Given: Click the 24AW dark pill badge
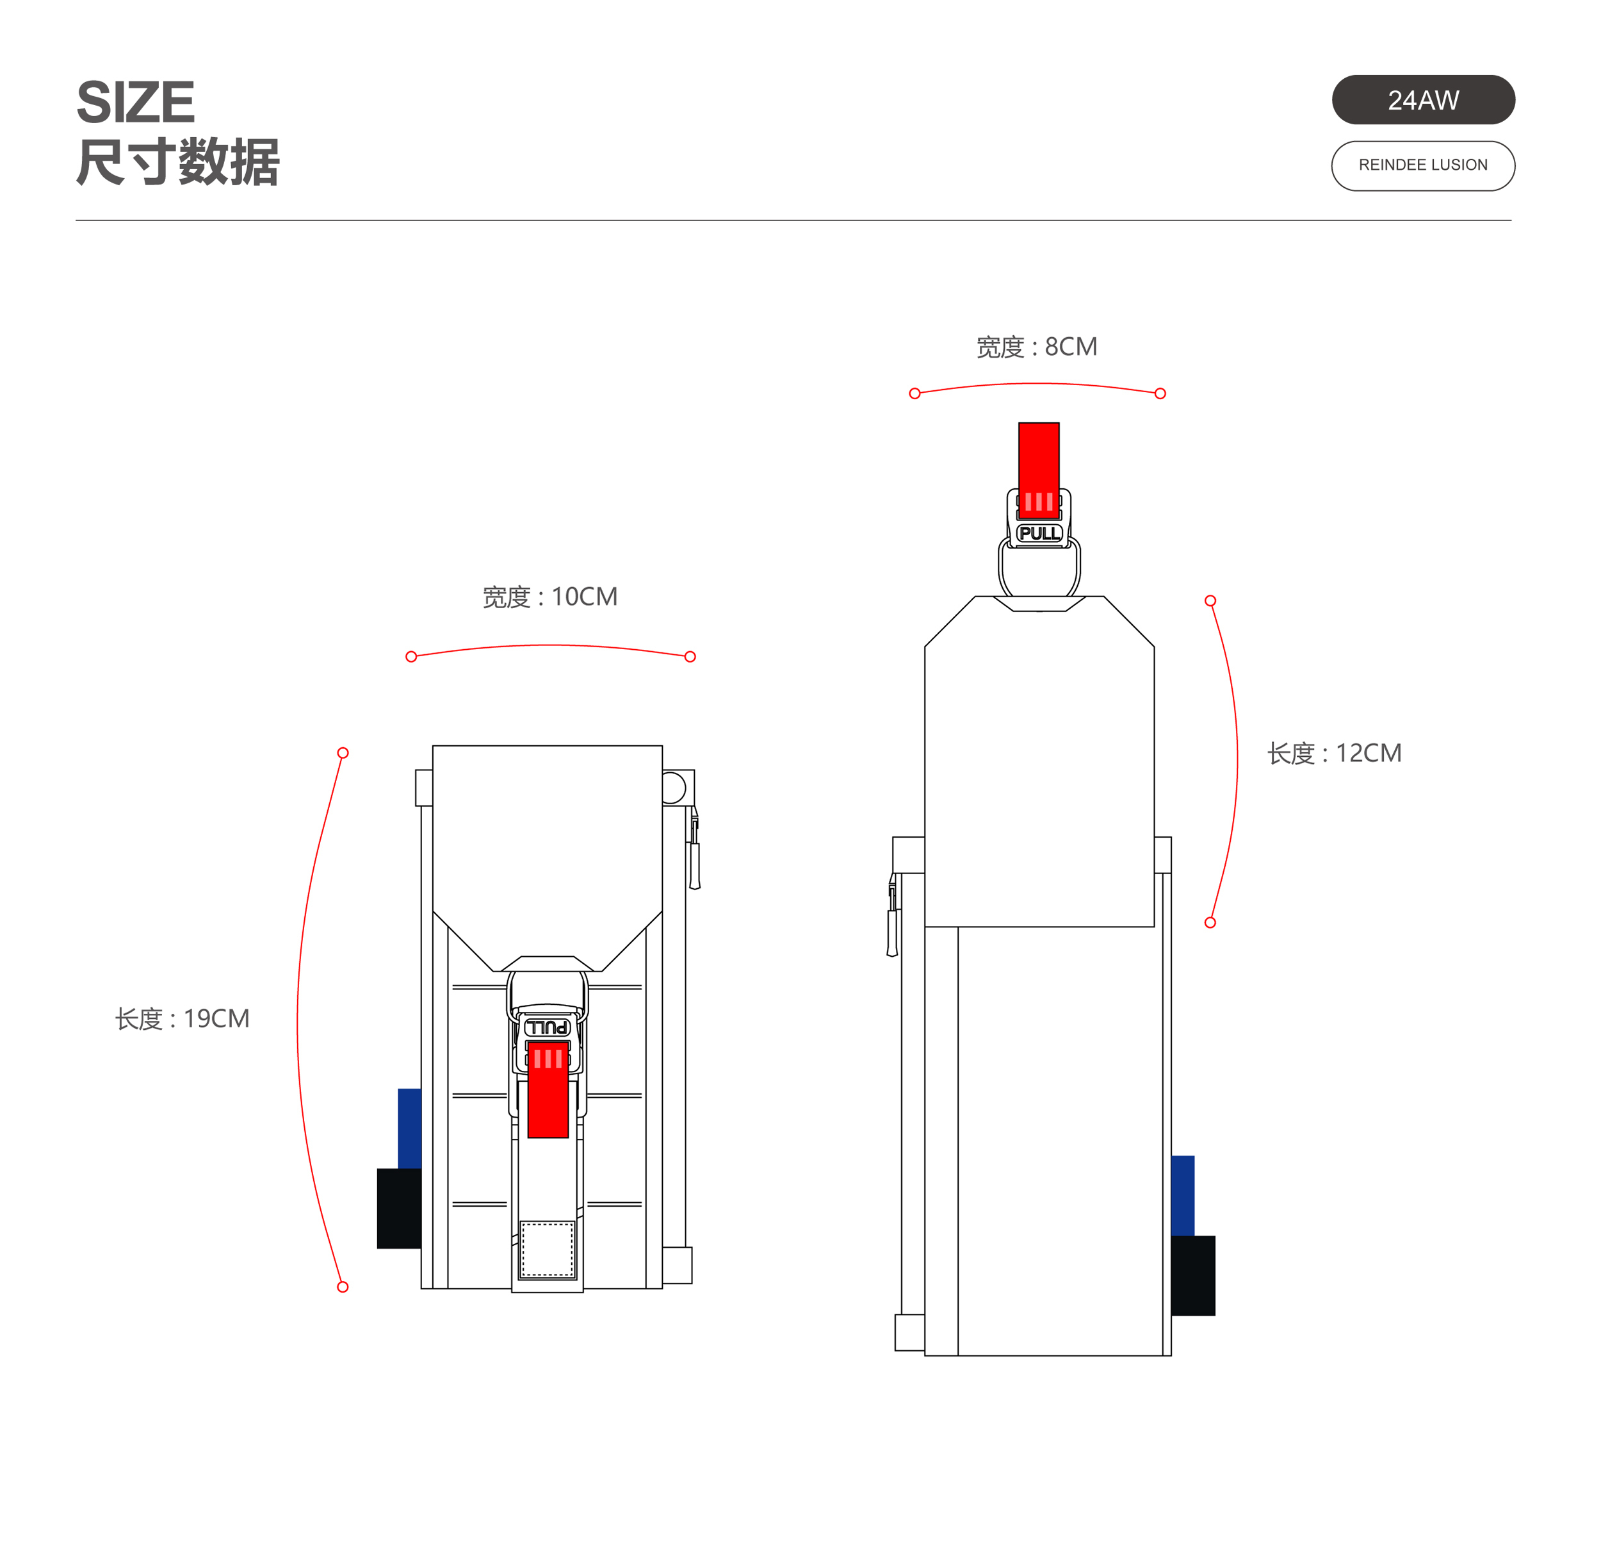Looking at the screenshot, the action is click(x=1423, y=100).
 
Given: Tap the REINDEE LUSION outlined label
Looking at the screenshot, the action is click(x=1423, y=166).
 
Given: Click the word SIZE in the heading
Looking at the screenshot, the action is click(x=136, y=102).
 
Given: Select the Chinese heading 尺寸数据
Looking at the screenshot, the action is click(x=178, y=161).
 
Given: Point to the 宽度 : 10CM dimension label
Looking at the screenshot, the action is click(x=549, y=597).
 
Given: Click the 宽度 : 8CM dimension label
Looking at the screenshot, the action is click(x=1037, y=347).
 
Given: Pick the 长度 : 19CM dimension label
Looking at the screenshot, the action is click(x=182, y=1018).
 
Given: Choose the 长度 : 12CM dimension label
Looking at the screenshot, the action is click(x=1335, y=752).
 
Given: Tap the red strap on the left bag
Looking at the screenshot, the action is click(x=548, y=1089).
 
